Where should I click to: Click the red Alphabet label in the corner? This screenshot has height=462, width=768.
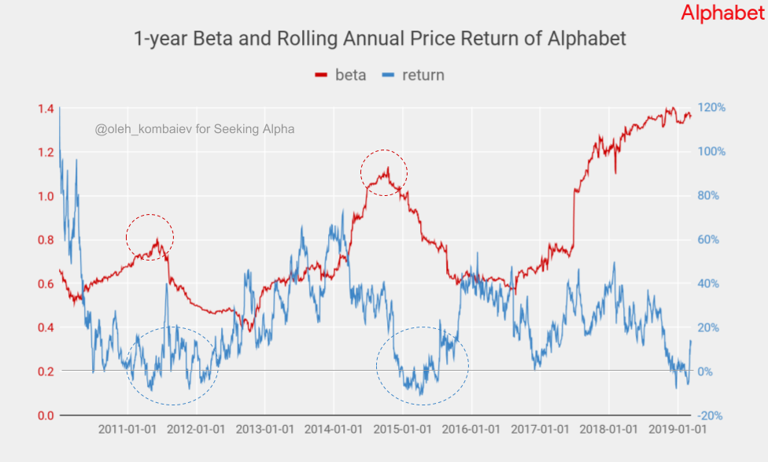(x=722, y=13)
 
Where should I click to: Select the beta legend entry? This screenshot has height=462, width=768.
(x=341, y=76)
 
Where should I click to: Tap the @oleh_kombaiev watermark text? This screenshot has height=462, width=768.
(x=194, y=129)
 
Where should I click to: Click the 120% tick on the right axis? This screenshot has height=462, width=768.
(x=710, y=108)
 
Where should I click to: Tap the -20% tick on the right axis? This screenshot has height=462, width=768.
(x=710, y=416)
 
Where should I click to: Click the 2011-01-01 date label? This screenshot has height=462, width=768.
(x=129, y=430)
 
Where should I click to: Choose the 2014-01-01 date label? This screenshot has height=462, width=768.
(x=334, y=430)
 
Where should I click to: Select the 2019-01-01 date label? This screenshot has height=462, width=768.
(x=677, y=430)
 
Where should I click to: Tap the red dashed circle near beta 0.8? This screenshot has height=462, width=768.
(x=150, y=236)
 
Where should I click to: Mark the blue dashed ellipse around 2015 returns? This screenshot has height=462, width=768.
(x=423, y=366)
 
